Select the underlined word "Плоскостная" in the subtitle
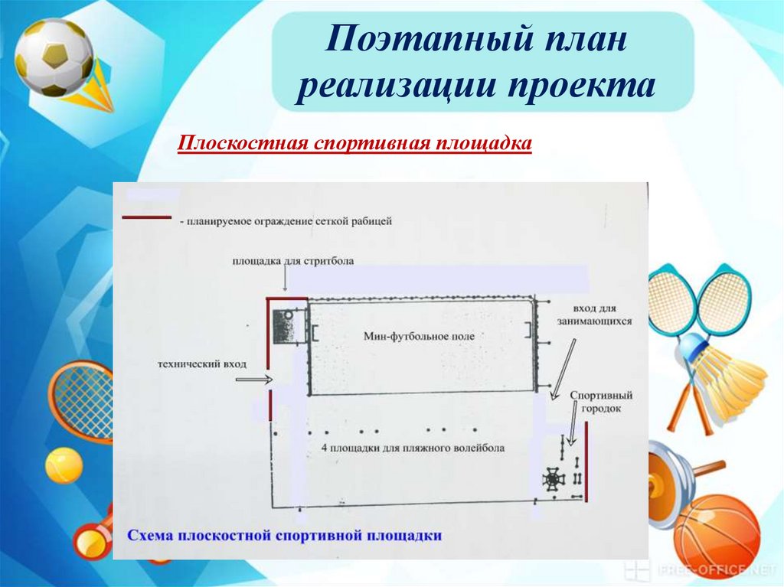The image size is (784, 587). click(x=242, y=144)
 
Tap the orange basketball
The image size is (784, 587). click(x=716, y=535)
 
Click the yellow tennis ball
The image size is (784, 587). click(x=64, y=465)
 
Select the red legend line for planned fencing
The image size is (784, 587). click(x=147, y=218)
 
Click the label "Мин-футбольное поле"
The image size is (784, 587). click(x=420, y=335)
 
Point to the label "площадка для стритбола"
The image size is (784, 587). click(x=293, y=261)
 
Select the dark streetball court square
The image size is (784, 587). click(x=287, y=328)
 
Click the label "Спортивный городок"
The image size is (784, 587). click(x=601, y=403)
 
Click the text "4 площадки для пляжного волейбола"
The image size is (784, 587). click(x=413, y=448)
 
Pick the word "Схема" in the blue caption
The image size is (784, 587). click(x=150, y=535)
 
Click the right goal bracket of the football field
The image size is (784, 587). click(x=528, y=330)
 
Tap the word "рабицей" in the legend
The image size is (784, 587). click(x=373, y=221)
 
